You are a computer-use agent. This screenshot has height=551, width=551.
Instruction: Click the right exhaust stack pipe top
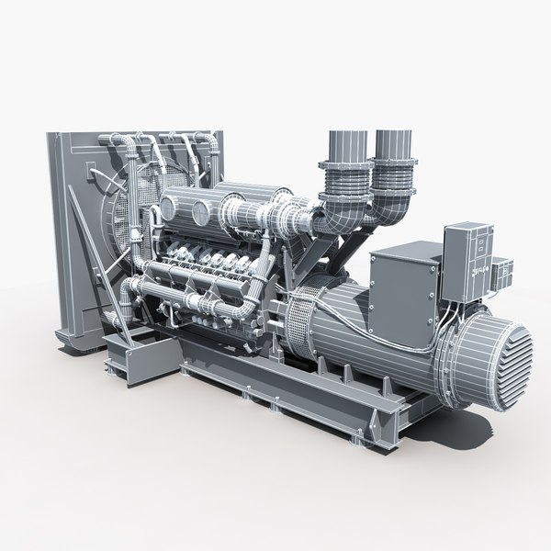coord(394,138)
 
